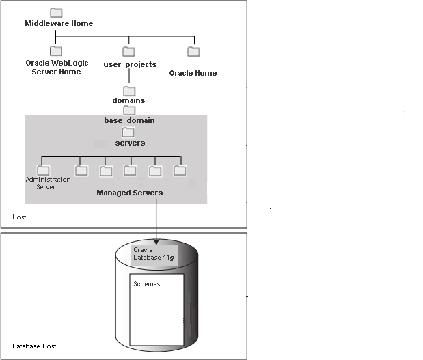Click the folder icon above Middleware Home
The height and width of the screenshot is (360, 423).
click(x=56, y=13)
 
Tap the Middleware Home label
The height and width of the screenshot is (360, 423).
click(x=59, y=23)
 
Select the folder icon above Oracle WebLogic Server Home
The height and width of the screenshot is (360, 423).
click(x=56, y=51)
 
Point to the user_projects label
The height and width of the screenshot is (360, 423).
click(x=134, y=64)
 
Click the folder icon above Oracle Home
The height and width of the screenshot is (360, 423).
click(x=193, y=51)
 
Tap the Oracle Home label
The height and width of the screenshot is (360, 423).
click(x=193, y=73)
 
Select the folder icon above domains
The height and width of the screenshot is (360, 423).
click(x=129, y=91)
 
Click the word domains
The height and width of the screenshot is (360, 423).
click(x=128, y=100)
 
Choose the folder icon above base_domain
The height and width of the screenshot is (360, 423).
click(x=129, y=110)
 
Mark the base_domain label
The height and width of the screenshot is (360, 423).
click(x=129, y=120)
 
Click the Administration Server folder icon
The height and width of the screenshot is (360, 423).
click(x=44, y=170)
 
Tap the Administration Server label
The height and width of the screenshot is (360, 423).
click(x=48, y=183)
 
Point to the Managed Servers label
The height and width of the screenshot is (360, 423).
click(x=130, y=193)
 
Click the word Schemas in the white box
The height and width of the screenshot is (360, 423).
click(x=146, y=283)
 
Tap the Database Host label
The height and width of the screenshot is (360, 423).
click(x=35, y=346)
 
